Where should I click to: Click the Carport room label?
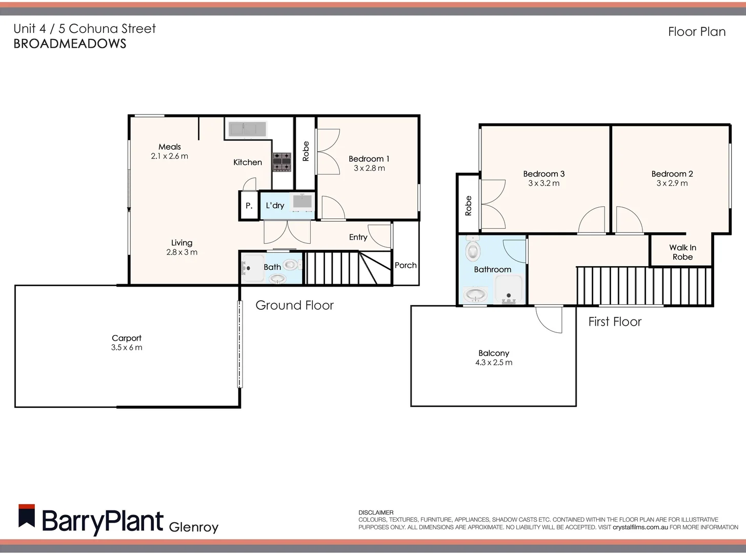pos(126,338)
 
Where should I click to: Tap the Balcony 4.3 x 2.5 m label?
pos(493,358)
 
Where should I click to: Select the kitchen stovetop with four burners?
pos(281,161)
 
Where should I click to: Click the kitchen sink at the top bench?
pos(247,129)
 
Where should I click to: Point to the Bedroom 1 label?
pos(369,159)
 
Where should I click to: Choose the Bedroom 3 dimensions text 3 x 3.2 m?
pos(543,183)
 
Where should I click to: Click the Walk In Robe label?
pos(682,252)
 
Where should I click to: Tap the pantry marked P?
pos(249,206)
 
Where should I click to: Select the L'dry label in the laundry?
pos(275,205)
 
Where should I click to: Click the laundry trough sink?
pos(302,202)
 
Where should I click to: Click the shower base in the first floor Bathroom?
pos(509,290)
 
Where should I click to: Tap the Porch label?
pos(406,265)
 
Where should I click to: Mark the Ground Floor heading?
pos(294,305)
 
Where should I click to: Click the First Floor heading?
pos(615,322)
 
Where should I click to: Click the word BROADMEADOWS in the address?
pos(70,44)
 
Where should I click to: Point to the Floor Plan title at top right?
pos(697,32)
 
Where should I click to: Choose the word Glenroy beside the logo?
pos(193,527)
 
